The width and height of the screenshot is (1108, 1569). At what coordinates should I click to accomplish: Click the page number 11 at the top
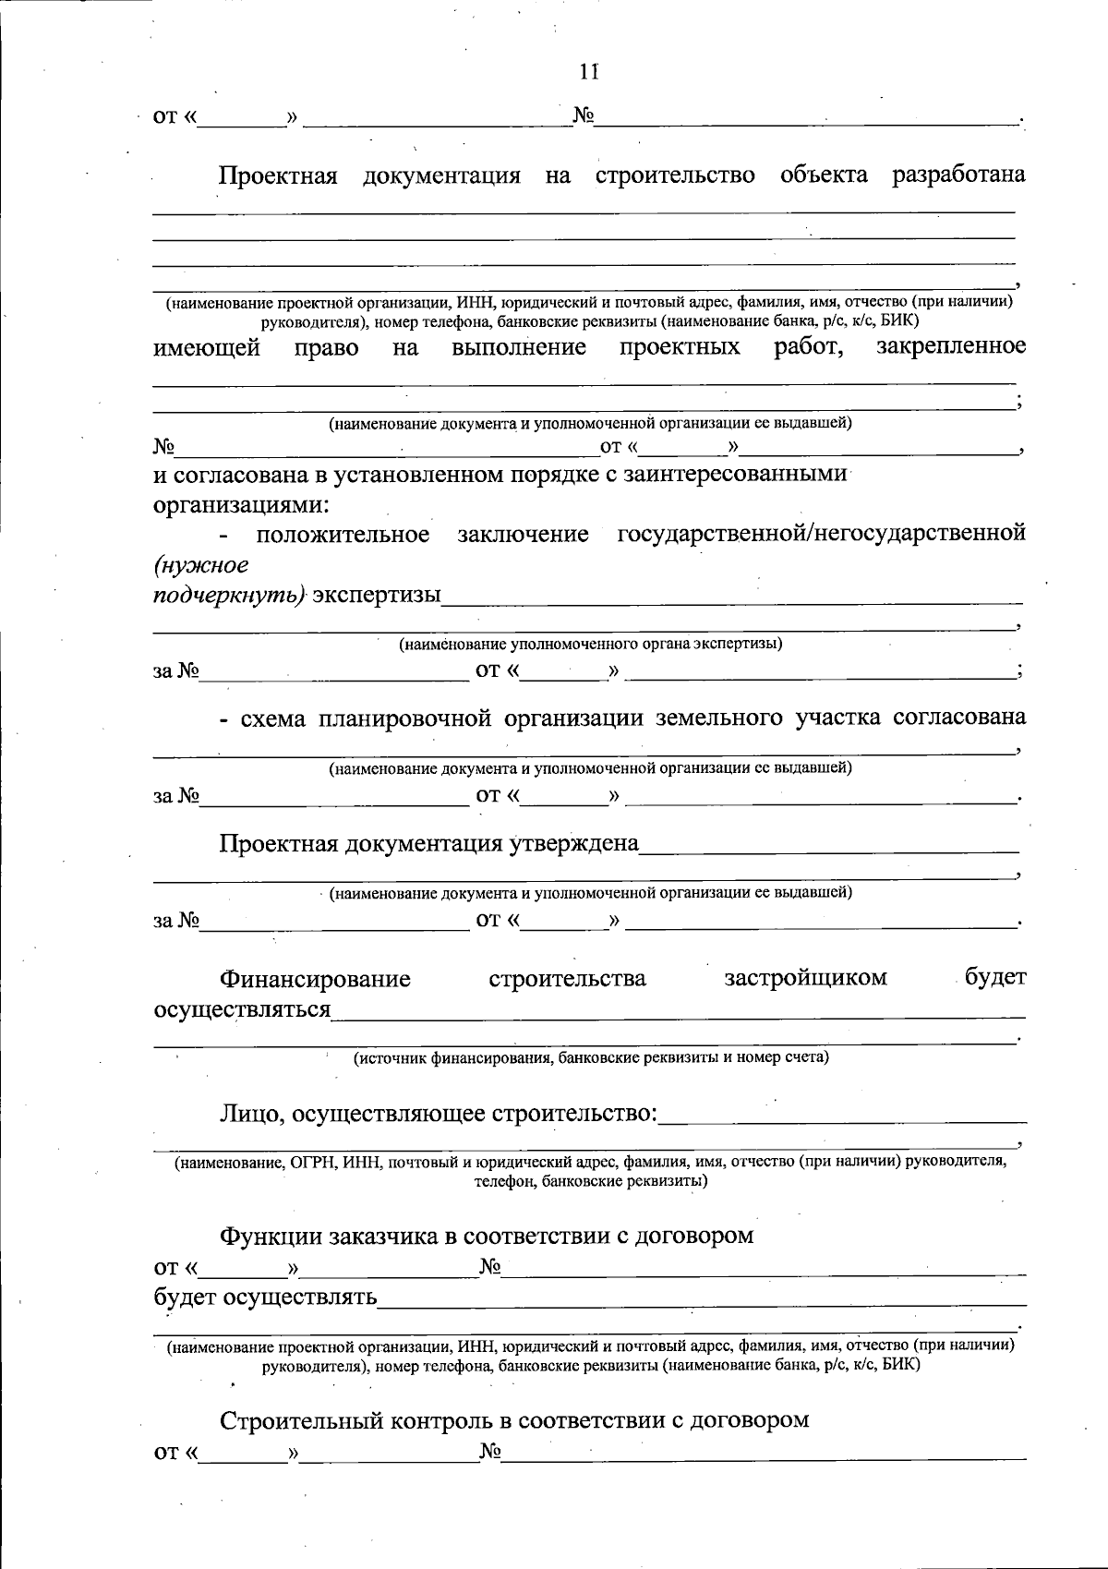tap(589, 71)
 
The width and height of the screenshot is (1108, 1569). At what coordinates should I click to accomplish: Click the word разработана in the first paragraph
tap(957, 175)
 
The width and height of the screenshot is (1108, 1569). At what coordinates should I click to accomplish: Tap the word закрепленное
tap(950, 346)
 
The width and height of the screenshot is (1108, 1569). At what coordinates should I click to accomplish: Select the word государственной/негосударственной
tap(821, 534)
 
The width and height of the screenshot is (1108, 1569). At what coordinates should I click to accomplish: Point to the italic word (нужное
tap(200, 564)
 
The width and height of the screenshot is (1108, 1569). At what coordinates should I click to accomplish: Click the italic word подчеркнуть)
tap(229, 596)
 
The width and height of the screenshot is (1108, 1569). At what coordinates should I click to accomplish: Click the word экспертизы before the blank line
tap(376, 596)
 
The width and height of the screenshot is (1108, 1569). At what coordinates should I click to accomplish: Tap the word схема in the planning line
tap(272, 718)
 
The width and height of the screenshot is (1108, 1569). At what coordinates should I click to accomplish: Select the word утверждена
tap(574, 844)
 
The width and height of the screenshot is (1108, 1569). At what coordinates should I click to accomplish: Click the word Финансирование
tap(315, 979)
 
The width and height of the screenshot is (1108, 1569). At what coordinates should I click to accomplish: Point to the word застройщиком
tap(806, 978)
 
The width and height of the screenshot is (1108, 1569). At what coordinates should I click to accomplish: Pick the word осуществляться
tap(242, 1009)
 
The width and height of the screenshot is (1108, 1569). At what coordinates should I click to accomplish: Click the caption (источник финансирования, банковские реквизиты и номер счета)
tap(592, 1058)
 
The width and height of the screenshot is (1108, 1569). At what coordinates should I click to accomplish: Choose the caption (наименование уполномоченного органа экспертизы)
tap(590, 645)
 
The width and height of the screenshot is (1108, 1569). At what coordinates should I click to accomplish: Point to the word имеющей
tap(207, 348)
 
